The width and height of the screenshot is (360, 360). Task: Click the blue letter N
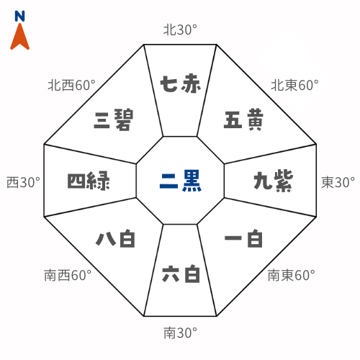19,16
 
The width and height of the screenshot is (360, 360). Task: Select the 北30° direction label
180,30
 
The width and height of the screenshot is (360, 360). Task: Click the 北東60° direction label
294,85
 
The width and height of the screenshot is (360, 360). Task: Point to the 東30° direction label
338,182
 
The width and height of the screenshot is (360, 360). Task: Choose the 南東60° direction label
292,275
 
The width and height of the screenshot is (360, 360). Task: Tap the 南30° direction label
180,333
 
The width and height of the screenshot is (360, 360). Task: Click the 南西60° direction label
68,275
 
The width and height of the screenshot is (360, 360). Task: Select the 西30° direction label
23,182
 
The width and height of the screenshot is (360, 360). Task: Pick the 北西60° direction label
71,85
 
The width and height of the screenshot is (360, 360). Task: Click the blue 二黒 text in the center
181,181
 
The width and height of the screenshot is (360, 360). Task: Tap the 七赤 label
181,84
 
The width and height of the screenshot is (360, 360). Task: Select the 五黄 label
243,120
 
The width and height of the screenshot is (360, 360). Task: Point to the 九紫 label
274,181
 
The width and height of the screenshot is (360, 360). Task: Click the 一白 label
243,239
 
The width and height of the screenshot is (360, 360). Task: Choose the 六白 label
181,274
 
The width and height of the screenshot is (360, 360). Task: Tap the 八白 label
115,238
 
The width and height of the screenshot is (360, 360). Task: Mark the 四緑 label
89,181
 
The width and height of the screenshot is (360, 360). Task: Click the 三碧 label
113,120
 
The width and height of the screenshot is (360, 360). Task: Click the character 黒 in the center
192,181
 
